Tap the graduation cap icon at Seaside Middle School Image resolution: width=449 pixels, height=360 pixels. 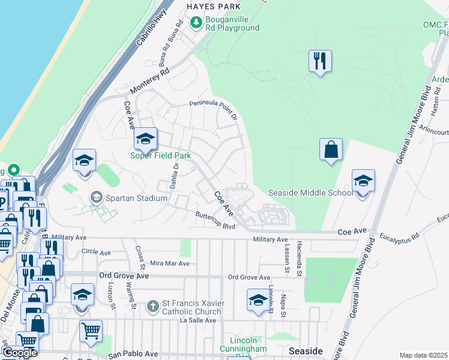tap(363, 181)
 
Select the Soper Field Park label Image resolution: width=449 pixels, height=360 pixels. tap(161, 156)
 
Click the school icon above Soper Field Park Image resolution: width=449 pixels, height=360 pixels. tap(145, 139)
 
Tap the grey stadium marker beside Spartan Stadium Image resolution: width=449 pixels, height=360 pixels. tap(96, 197)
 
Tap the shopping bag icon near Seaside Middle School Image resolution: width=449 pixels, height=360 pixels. tap(331, 149)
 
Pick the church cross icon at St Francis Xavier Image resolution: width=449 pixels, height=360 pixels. tap(153, 307)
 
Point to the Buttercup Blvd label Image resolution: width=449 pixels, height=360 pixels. tap(215, 219)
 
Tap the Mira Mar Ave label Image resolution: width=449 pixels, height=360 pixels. tap(169, 263)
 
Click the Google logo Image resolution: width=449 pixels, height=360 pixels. tap(19, 353)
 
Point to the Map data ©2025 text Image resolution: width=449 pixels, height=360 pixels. tap(424, 355)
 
